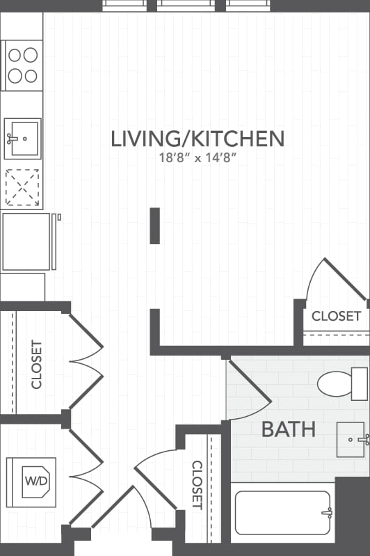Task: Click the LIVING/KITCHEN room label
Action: pos(198,138)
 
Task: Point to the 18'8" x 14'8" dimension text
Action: pos(198,157)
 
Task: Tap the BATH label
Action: pos(288,429)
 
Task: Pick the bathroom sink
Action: pos(351,439)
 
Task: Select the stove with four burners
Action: pos(23,65)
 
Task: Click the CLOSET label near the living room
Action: pos(336,316)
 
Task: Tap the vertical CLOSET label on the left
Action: pos(37,364)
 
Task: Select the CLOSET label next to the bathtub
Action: pos(197,484)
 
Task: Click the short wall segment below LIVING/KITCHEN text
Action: pos(154,225)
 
